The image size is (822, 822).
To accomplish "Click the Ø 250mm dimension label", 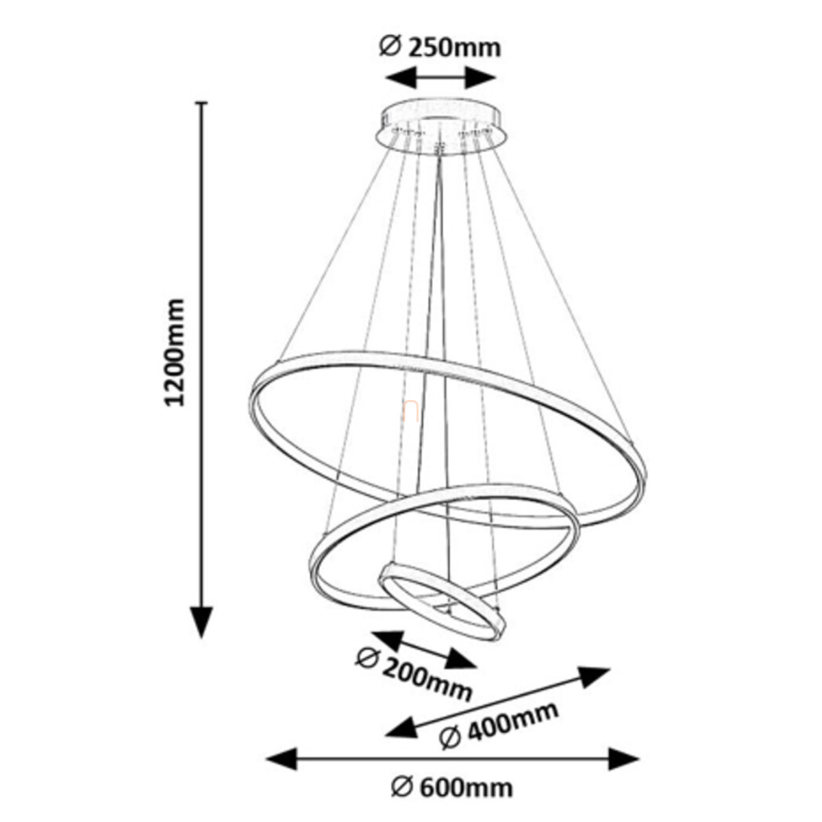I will click(440, 47).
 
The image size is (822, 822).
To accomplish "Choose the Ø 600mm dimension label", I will click(452, 787).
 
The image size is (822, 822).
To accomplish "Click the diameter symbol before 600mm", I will click(401, 787).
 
